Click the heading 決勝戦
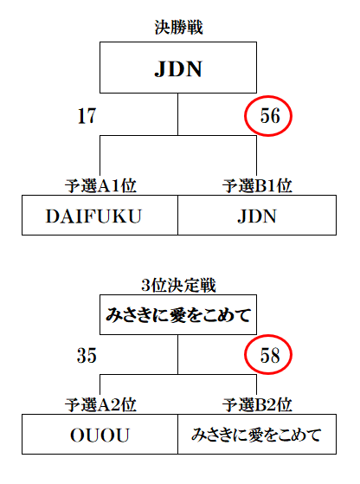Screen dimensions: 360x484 178,28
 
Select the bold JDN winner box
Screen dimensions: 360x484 178,68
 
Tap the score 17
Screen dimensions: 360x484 87,116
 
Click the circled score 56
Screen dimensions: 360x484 270,116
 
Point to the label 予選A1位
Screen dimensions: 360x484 100,186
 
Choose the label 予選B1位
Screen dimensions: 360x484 257,186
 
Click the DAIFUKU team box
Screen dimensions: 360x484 100,215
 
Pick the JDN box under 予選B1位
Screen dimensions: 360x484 257,215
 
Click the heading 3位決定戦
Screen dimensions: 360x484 178,286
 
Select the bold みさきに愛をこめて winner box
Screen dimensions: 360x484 178,315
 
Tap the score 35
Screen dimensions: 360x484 87,355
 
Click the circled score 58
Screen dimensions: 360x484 270,355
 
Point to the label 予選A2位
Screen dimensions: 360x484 100,405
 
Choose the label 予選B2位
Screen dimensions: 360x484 257,405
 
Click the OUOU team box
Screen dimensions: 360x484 100,435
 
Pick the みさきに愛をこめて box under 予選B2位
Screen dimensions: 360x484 257,435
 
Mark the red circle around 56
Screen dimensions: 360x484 245,116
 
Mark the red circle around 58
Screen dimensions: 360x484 245,355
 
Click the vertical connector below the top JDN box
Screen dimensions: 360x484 177,114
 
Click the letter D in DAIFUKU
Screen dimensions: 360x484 53,216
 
